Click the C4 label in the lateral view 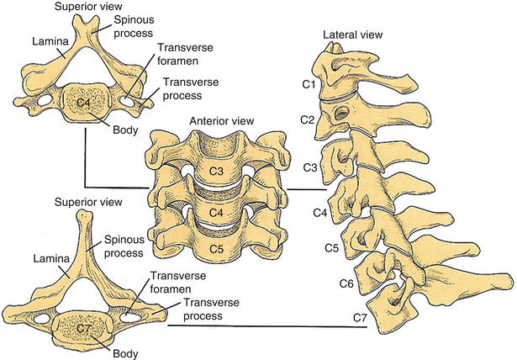[319, 212]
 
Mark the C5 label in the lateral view [331, 248]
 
